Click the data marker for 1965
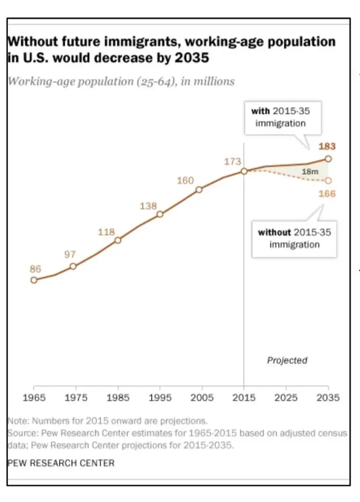point(34,280)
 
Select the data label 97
point(69,255)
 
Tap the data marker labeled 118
point(118,240)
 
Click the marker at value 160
point(199,189)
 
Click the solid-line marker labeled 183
point(328,159)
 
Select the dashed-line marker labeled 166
point(328,180)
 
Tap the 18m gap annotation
point(309,172)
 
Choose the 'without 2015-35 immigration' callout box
point(294,238)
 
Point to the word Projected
point(287,360)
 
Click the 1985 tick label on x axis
point(118,398)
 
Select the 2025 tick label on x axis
point(286,398)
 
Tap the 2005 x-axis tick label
point(202,398)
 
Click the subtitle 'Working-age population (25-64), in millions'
point(121,81)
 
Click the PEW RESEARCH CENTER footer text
point(61,463)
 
